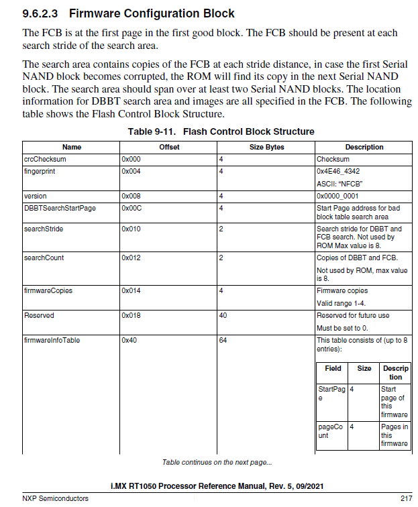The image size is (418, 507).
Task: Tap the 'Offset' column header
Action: coord(169,147)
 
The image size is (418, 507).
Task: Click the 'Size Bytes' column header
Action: coord(266,147)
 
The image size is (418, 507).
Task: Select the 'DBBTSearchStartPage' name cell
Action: coord(60,208)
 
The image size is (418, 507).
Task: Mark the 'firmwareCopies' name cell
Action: coord(48,291)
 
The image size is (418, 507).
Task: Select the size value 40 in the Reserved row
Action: coord(223,315)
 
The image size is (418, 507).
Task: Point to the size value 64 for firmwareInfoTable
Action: coord(223,341)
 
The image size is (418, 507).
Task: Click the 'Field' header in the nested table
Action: coord(333,368)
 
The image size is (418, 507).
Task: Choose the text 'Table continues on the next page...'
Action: coord(217,463)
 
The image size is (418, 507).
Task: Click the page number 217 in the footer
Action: coord(406,498)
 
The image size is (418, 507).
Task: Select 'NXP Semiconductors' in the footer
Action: coord(55,498)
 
